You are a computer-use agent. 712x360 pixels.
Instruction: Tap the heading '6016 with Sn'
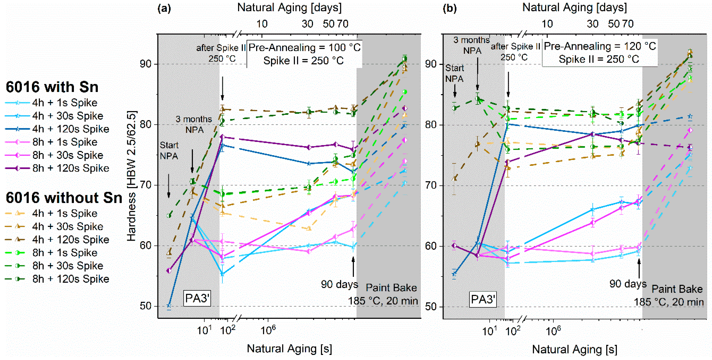click(x=52, y=87)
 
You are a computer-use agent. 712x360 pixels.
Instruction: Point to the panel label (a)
click(x=164, y=9)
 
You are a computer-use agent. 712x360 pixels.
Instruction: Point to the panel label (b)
click(x=450, y=9)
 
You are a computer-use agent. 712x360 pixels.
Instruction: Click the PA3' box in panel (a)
click(x=197, y=298)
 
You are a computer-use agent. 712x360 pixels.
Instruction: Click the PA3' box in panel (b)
click(x=483, y=299)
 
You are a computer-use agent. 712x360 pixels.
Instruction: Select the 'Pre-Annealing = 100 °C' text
click(x=305, y=48)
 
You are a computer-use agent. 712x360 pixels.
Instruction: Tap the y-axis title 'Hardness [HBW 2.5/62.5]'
click(x=132, y=176)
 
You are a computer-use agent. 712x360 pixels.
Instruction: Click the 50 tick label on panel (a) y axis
click(x=146, y=306)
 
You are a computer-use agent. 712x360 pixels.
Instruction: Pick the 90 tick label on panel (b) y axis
click(x=431, y=64)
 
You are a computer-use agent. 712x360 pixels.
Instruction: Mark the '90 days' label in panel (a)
click(x=339, y=284)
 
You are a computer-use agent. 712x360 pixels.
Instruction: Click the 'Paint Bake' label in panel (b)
click(x=677, y=289)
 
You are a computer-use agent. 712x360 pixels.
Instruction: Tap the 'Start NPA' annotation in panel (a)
click(x=169, y=151)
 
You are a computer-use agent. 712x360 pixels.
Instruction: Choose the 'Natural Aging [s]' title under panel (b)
click(x=575, y=349)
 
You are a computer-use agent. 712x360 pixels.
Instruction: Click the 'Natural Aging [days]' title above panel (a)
click(x=289, y=7)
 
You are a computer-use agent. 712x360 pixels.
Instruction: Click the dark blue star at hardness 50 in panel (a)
click(x=169, y=305)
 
